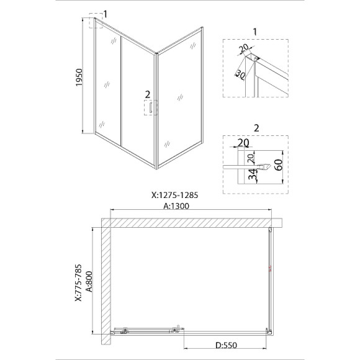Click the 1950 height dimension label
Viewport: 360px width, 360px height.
pyautogui.click(x=79, y=78)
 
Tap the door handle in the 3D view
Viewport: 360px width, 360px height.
pyautogui.click(x=151, y=107)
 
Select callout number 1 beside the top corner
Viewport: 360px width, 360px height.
pyautogui.click(x=105, y=14)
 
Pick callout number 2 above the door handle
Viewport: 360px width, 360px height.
pyautogui.click(x=148, y=94)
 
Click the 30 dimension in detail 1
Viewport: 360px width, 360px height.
pyautogui.click(x=240, y=74)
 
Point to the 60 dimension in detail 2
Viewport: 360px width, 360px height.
pyautogui.click(x=279, y=165)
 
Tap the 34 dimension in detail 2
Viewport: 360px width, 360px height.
pyautogui.click(x=253, y=174)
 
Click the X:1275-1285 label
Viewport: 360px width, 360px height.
pyautogui.click(x=174, y=195)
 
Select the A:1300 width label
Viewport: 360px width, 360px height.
pyautogui.click(x=176, y=206)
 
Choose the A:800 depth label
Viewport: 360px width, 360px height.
pyautogui.click(x=89, y=282)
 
